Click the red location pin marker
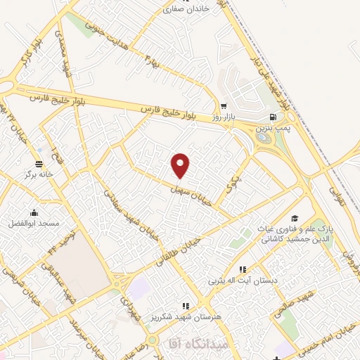click(x=181, y=165)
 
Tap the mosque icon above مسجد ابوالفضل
click(x=33, y=213)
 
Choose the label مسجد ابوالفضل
click(x=34, y=224)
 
